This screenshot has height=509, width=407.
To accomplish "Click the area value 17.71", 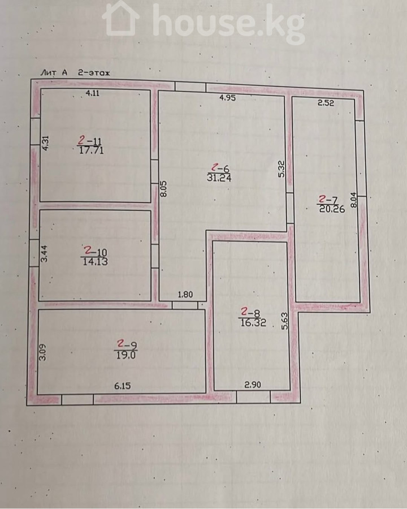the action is tap(92, 150).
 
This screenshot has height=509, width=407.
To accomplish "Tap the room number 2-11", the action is tap(89, 141).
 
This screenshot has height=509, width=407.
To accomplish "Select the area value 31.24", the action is tap(219, 178).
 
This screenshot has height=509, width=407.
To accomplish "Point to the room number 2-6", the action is tap(220, 168).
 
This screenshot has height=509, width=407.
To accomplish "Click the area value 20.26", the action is tap(332, 209).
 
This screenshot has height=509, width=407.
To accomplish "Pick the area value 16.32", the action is tap(253, 322).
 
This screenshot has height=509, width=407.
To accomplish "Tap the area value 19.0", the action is tap(126, 355).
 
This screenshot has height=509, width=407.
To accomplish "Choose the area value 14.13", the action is tap(95, 262).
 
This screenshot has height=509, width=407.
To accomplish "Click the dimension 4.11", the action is tap(93, 93).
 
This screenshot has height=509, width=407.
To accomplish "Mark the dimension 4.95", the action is tap(227, 98).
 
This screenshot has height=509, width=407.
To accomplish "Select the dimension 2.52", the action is tap(326, 103).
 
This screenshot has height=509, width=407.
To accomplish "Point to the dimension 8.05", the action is tap(163, 188).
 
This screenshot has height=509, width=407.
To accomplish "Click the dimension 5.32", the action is tap(282, 169).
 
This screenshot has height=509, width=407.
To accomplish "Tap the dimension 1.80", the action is tap(185, 295).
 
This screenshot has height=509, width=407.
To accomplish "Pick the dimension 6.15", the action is tap(122, 386).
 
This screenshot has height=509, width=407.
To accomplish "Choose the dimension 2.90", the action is tap(253, 385).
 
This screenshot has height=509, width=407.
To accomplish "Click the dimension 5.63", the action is tap(285, 321).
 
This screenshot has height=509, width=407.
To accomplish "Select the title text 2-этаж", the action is tap(94, 73).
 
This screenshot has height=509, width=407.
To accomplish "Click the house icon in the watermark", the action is tap(121, 18).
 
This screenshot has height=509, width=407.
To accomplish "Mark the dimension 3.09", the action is tap(42, 352).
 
